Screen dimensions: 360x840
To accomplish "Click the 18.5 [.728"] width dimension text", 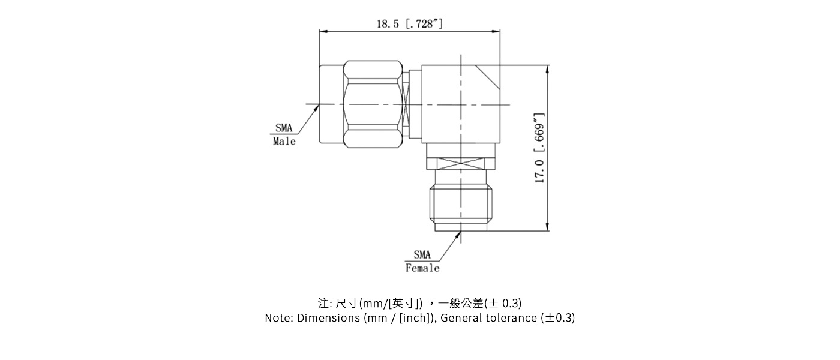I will pyautogui.click(x=410, y=24).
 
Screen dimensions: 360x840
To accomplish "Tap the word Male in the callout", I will pyautogui.click(x=284, y=142).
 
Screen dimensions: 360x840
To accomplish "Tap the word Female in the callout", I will pyautogui.click(x=422, y=268).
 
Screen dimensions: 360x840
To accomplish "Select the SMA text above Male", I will pyautogui.click(x=284, y=128).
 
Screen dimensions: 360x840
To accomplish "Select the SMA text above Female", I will pyautogui.click(x=422, y=255).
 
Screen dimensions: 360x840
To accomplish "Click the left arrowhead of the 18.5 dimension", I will pyautogui.click(x=324, y=32).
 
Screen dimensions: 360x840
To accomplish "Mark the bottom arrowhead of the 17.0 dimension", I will pyautogui.click(x=547, y=226).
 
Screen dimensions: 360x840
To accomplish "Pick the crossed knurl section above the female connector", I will pyautogui.click(x=461, y=163).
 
